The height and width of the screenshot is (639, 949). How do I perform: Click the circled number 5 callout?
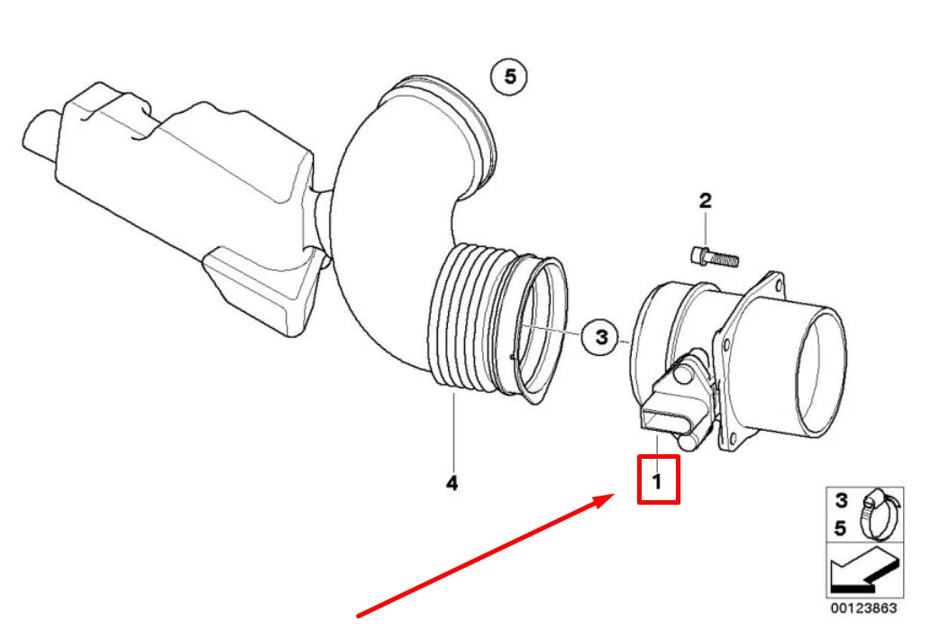coord(509,78)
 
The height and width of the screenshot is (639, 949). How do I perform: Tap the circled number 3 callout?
coord(600,338)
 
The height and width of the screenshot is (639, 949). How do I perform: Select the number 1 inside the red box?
coord(658,481)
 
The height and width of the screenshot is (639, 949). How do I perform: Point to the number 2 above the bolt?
coord(705,200)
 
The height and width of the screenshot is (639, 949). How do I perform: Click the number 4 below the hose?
coord(452,484)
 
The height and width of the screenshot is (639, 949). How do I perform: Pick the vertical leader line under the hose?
coord(454,433)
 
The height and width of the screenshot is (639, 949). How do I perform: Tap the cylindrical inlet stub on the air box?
coord(41,135)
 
